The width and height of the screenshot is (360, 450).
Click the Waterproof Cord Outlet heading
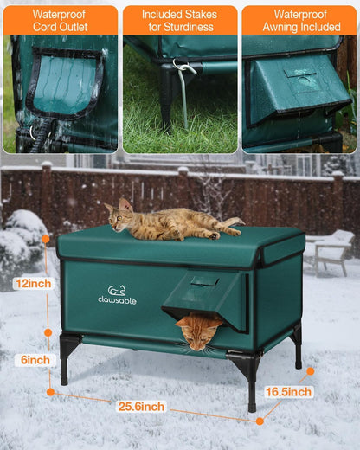(x=60, y=20)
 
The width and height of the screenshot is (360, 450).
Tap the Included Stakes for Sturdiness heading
(x=180, y=20)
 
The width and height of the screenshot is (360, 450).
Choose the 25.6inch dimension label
(x=140, y=407)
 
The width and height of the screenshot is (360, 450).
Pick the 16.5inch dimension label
(x=287, y=392)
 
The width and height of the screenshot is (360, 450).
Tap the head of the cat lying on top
(x=120, y=212)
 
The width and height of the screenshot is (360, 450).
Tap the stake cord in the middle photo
(x=183, y=95)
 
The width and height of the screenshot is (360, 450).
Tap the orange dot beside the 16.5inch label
(x=310, y=371)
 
